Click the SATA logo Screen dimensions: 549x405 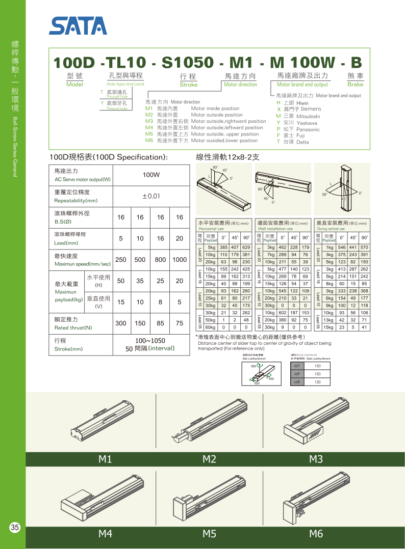click(x=78, y=25)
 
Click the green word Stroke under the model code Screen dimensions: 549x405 click(x=188, y=85)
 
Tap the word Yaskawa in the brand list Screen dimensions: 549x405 click(x=307, y=123)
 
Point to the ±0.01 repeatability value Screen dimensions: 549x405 click(x=151, y=196)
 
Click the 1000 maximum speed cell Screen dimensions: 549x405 click(x=179, y=260)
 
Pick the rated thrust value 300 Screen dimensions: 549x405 click(x=121, y=323)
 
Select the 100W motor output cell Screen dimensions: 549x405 click(x=151, y=175)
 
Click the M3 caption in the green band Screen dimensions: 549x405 click(x=316, y=459)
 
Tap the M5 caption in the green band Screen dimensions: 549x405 click(x=209, y=534)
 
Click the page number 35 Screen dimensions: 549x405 click(x=15, y=528)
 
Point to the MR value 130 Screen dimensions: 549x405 click(x=318, y=381)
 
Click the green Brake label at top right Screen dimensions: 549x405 click(x=355, y=85)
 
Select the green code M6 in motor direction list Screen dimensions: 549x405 click(x=149, y=141)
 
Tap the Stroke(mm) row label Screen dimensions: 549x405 click(x=68, y=349)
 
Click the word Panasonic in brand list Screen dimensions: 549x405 click(x=308, y=129)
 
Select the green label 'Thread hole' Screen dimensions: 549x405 click(x=117, y=108)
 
